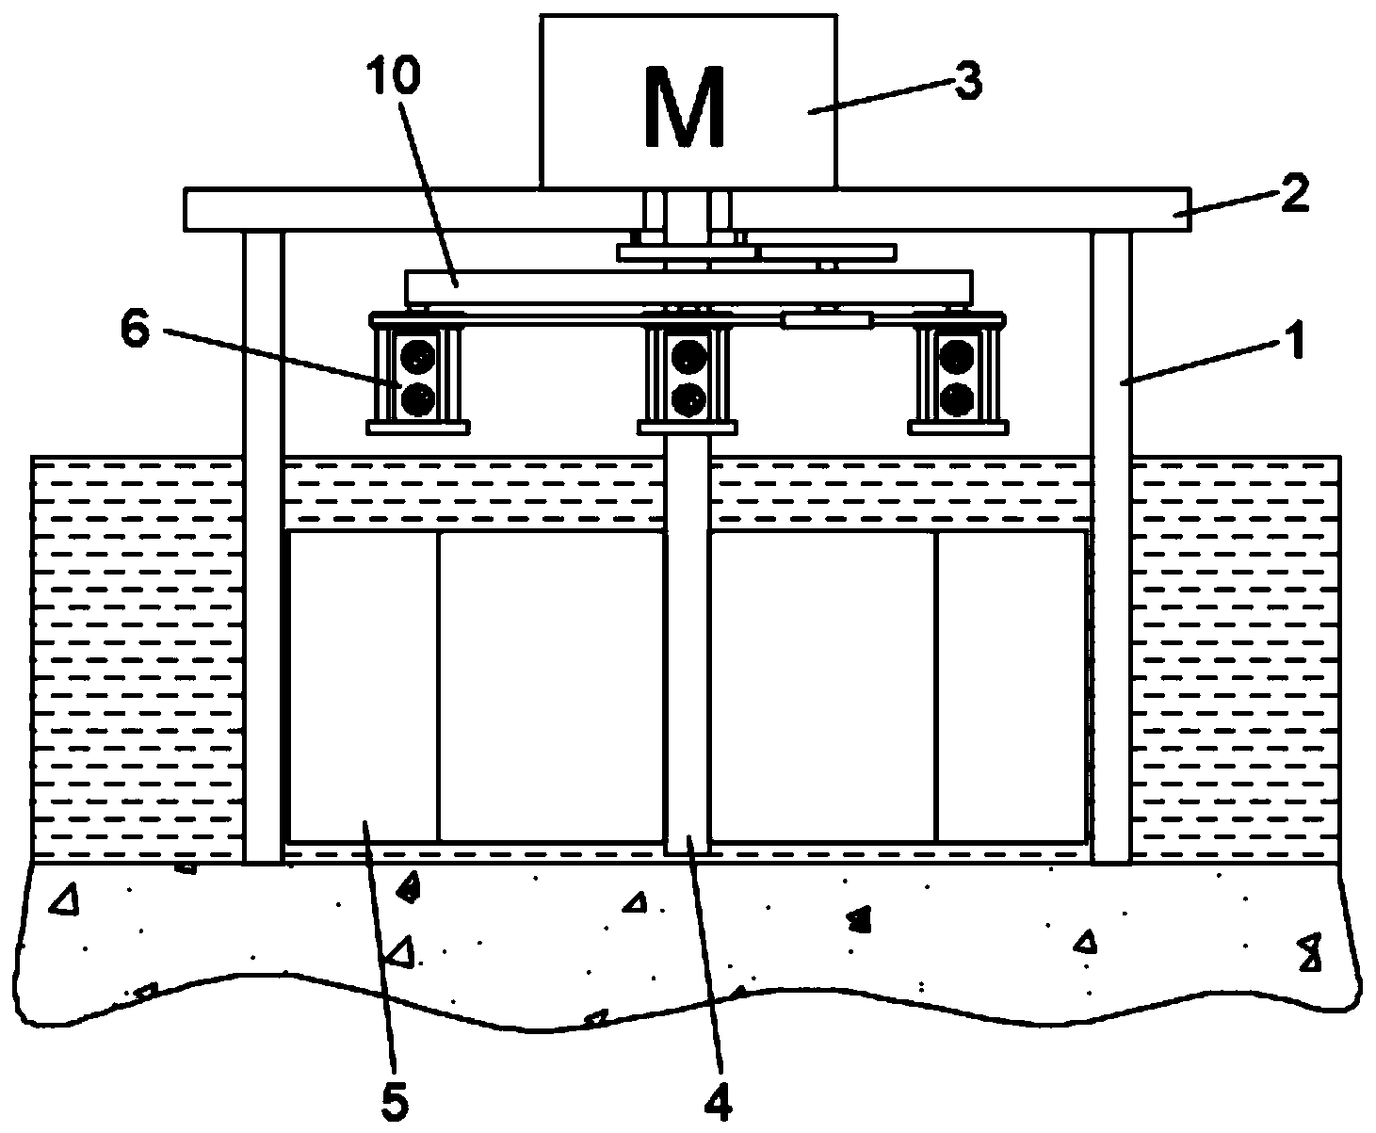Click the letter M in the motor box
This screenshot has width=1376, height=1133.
tap(685, 107)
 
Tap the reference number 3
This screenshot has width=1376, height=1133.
tap(964, 83)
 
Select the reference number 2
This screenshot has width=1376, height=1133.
tap(1293, 197)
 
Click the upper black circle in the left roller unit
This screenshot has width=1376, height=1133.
tap(416, 355)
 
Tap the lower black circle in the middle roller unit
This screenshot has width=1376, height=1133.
tap(687, 400)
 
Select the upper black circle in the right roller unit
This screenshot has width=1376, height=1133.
tap(957, 355)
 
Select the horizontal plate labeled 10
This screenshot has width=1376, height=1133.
tap(688, 286)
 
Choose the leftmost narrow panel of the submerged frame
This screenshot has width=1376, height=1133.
tap(363, 686)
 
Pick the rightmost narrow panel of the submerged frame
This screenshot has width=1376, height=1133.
tap(1011, 686)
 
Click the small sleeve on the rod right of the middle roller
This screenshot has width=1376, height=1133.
tap(825, 322)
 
